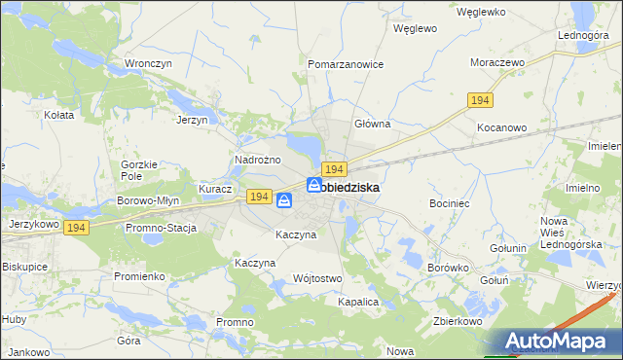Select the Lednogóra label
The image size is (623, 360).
point(583,35)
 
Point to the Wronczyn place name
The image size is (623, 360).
point(148,64)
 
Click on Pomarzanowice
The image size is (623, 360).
point(346,64)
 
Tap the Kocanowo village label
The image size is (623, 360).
point(501,127)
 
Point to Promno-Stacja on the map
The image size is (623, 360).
point(161,229)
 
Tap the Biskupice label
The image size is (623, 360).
point(25,266)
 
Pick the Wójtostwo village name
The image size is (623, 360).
point(317,279)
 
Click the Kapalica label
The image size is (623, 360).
point(357,303)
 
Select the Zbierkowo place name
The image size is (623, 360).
point(458,320)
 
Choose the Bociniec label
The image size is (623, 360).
point(450,203)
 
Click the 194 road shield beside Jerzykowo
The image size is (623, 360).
point(78,227)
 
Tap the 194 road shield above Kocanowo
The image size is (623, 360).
point(480,100)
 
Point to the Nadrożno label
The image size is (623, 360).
point(258,160)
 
